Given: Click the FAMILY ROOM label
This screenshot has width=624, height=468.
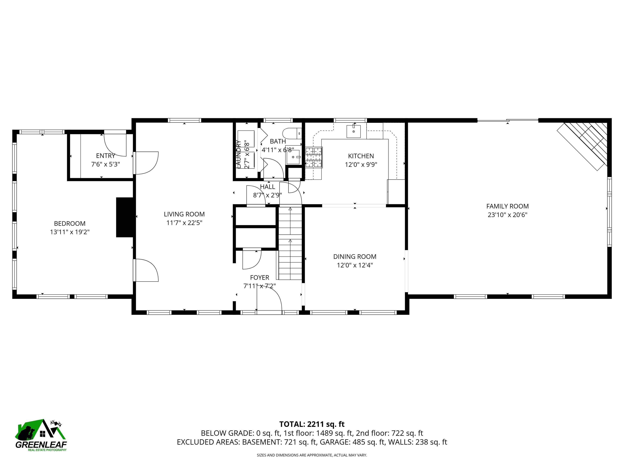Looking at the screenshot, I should tap(507, 206).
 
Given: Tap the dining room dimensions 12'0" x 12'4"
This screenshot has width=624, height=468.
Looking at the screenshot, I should tap(355, 265).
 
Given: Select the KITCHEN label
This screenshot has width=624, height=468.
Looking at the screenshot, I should tap(361, 156).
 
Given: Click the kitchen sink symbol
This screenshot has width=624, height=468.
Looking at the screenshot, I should tap(353, 131).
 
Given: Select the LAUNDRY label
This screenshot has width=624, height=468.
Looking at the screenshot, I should tap(238, 154).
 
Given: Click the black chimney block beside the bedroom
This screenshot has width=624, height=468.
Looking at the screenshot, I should tap(124, 217).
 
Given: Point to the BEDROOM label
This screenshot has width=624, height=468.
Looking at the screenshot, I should tap(70, 224).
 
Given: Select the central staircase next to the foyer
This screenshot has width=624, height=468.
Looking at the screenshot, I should tap(290, 243).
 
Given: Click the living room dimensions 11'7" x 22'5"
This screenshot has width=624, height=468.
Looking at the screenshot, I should tap(184, 223).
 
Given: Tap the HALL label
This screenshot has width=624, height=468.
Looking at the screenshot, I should tap(268, 187).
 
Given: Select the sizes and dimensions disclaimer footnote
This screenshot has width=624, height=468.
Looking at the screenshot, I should tap(312, 455).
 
